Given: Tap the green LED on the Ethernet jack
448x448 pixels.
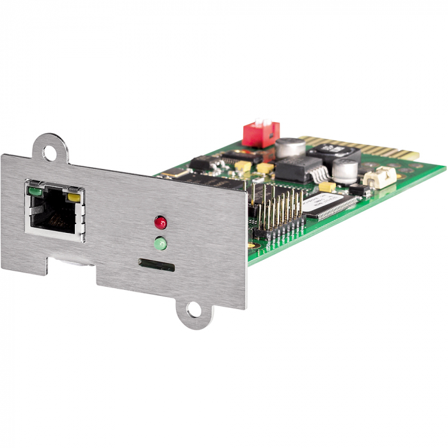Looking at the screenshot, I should (35, 190).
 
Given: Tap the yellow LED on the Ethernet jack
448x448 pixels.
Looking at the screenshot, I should (74, 196).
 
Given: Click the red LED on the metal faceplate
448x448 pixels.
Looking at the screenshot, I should (160, 223).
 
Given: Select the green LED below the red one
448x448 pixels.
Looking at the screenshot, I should (160, 243).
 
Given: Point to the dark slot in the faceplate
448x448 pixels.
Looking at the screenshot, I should (156, 264).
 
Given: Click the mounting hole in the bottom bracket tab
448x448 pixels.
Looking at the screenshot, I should (192, 312).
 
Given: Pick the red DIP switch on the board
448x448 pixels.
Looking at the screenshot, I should (260, 134).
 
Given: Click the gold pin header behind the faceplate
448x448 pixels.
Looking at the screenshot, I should (278, 211).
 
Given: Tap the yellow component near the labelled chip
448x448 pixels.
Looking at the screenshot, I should (326, 187).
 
